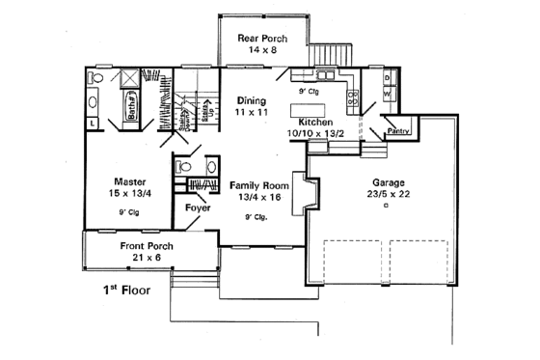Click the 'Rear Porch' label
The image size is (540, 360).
(262, 39)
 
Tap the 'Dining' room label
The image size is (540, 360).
(253, 99)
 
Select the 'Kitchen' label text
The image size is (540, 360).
(316, 122)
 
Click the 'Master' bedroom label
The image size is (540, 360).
(130, 181)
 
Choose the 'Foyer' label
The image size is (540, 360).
(198, 206)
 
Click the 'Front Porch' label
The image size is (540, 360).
(147, 246)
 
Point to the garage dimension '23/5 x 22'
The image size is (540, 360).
(389, 193)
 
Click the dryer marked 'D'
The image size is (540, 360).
(387, 77)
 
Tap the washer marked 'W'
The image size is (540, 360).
(387, 93)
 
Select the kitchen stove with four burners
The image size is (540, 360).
(355, 96)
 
